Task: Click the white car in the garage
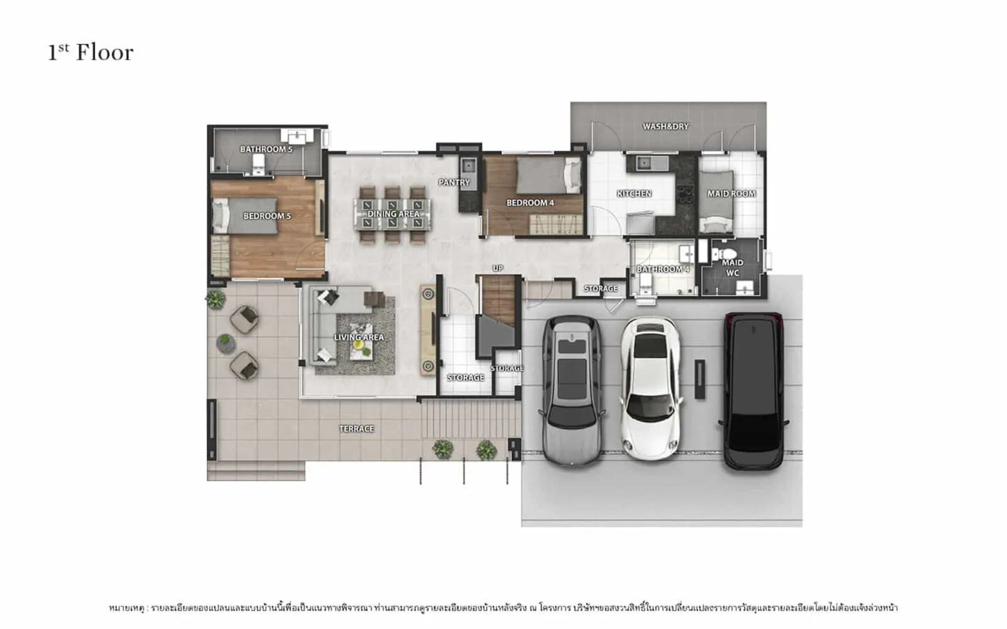(x=650, y=389)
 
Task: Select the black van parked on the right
(x=753, y=391)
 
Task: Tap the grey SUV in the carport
(x=572, y=391)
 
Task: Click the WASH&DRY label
(x=665, y=126)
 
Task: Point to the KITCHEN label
(x=634, y=194)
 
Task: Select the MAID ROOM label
(x=731, y=194)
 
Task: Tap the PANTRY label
(x=454, y=182)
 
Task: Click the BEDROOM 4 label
(x=530, y=203)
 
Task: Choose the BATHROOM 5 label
(x=266, y=149)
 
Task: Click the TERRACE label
(x=356, y=429)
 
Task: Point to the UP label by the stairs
(x=498, y=269)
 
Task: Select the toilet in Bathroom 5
(x=258, y=164)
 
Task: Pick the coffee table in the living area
(x=361, y=342)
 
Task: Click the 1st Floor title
(x=91, y=53)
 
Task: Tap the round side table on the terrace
(x=225, y=344)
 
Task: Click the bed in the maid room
(x=716, y=202)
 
